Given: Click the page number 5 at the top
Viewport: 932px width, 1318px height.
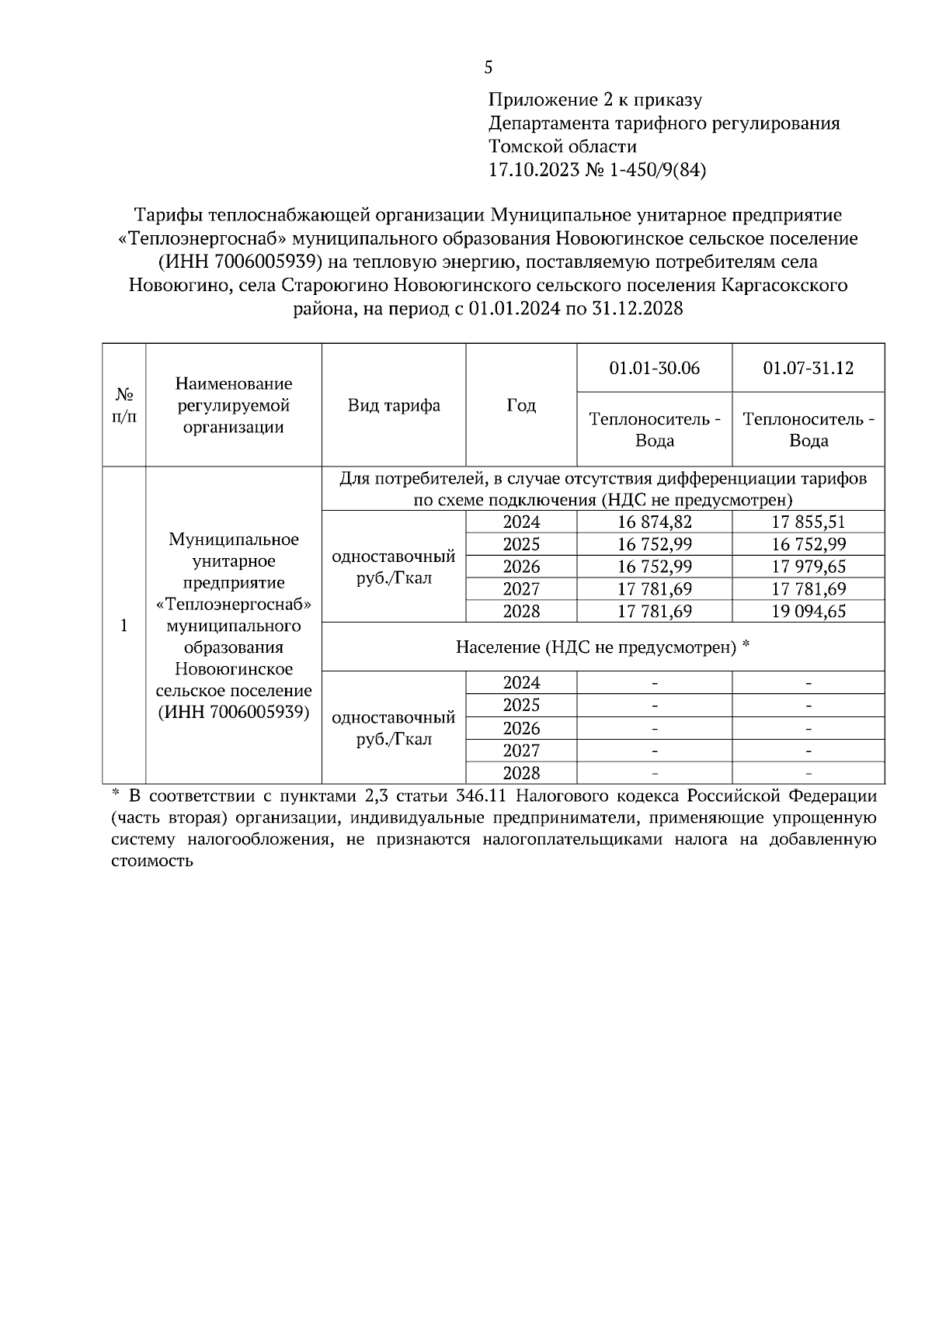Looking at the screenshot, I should tap(488, 68).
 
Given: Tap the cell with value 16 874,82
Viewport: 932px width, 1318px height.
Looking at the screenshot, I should tap(654, 522).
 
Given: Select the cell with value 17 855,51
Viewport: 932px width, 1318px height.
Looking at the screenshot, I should tap(808, 522).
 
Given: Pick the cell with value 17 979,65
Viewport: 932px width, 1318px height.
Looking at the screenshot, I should tap(808, 567).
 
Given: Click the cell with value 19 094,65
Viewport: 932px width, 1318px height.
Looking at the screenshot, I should tap(808, 612).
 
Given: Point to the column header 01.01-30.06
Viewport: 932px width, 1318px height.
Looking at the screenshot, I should tap(654, 368).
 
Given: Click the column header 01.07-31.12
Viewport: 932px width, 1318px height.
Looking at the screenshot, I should tap(808, 368).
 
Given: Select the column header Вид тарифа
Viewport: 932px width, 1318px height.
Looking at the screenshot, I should tap(394, 405).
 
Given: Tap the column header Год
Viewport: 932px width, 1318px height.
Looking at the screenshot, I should tap(521, 405).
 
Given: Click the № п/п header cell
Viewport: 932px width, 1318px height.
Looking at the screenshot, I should tap(123, 405).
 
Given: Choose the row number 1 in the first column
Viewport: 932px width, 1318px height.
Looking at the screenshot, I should tap(123, 626).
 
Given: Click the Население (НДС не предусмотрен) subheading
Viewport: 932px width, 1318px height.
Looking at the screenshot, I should tap(603, 647).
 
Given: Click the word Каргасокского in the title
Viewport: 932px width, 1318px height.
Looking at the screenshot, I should tap(784, 285).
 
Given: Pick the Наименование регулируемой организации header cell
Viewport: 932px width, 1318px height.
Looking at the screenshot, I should tap(234, 405).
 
